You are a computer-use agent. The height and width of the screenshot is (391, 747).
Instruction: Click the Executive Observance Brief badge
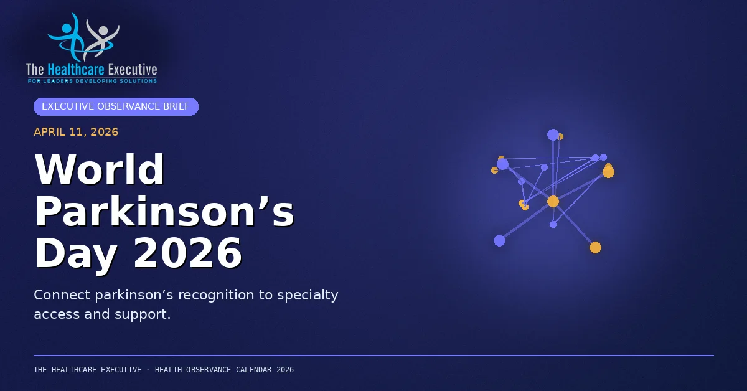coord(116,106)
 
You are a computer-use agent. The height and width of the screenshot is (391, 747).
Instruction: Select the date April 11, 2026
coord(76,132)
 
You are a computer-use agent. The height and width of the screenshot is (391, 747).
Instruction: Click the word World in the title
coord(100,169)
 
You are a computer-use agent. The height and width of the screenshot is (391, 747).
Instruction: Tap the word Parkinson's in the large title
coord(165,212)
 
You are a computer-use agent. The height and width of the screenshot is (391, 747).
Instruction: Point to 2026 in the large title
coord(188,253)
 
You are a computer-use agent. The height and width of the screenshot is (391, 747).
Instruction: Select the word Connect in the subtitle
coord(62,295)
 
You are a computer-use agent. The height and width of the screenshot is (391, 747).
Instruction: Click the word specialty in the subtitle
coord(308,296)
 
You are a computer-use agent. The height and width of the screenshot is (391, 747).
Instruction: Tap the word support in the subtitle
coord(143,315)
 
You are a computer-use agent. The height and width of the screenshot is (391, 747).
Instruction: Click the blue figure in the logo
coord(68,37)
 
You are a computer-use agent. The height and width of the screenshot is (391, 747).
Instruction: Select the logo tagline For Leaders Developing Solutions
coord(92,81)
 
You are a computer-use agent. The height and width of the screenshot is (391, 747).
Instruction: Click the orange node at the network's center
coord(553,202)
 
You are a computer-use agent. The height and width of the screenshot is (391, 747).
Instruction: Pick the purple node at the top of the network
coord(553,134)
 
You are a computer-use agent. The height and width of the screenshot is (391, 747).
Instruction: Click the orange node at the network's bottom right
coord(595,248)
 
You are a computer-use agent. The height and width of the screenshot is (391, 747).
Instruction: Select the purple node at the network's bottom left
coord(499,240)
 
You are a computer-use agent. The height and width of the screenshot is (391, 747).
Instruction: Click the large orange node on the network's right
coord(608,172)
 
